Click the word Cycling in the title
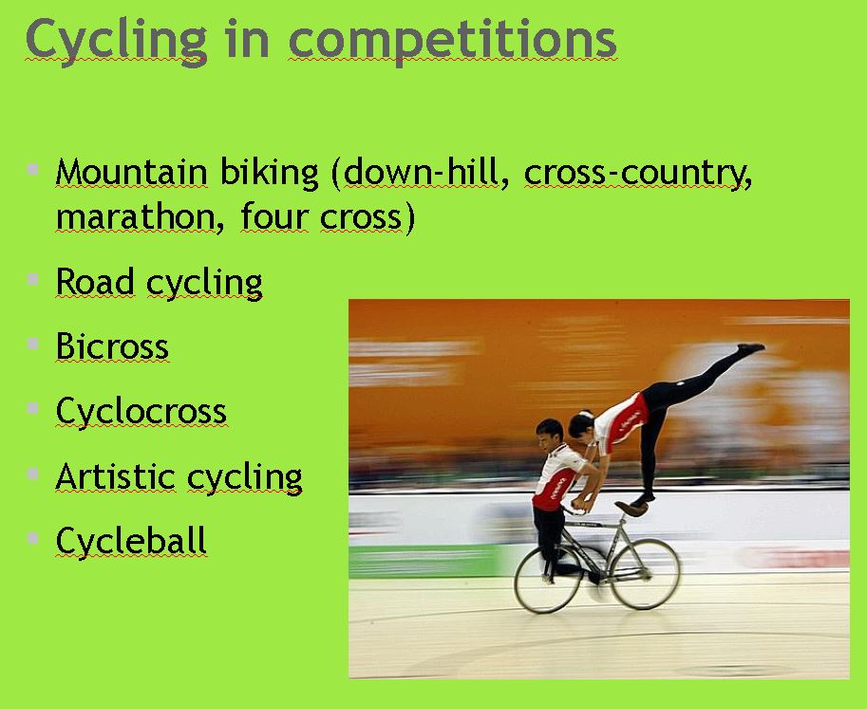point(117,41)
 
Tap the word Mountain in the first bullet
point(132,172)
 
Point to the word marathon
point(135,216)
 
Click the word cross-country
point(638,173)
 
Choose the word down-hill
point(421,172)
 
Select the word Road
point(95,282)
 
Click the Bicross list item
point(112,346)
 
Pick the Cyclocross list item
point(141,412)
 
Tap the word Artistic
point(116,476)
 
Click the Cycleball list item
point(132,541)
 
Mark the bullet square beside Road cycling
point(32,278)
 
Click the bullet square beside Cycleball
point(32,537)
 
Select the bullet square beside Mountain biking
point(32,169)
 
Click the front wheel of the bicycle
point(645,575)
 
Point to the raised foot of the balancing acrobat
point(751,348)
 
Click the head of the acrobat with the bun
point(580,424)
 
